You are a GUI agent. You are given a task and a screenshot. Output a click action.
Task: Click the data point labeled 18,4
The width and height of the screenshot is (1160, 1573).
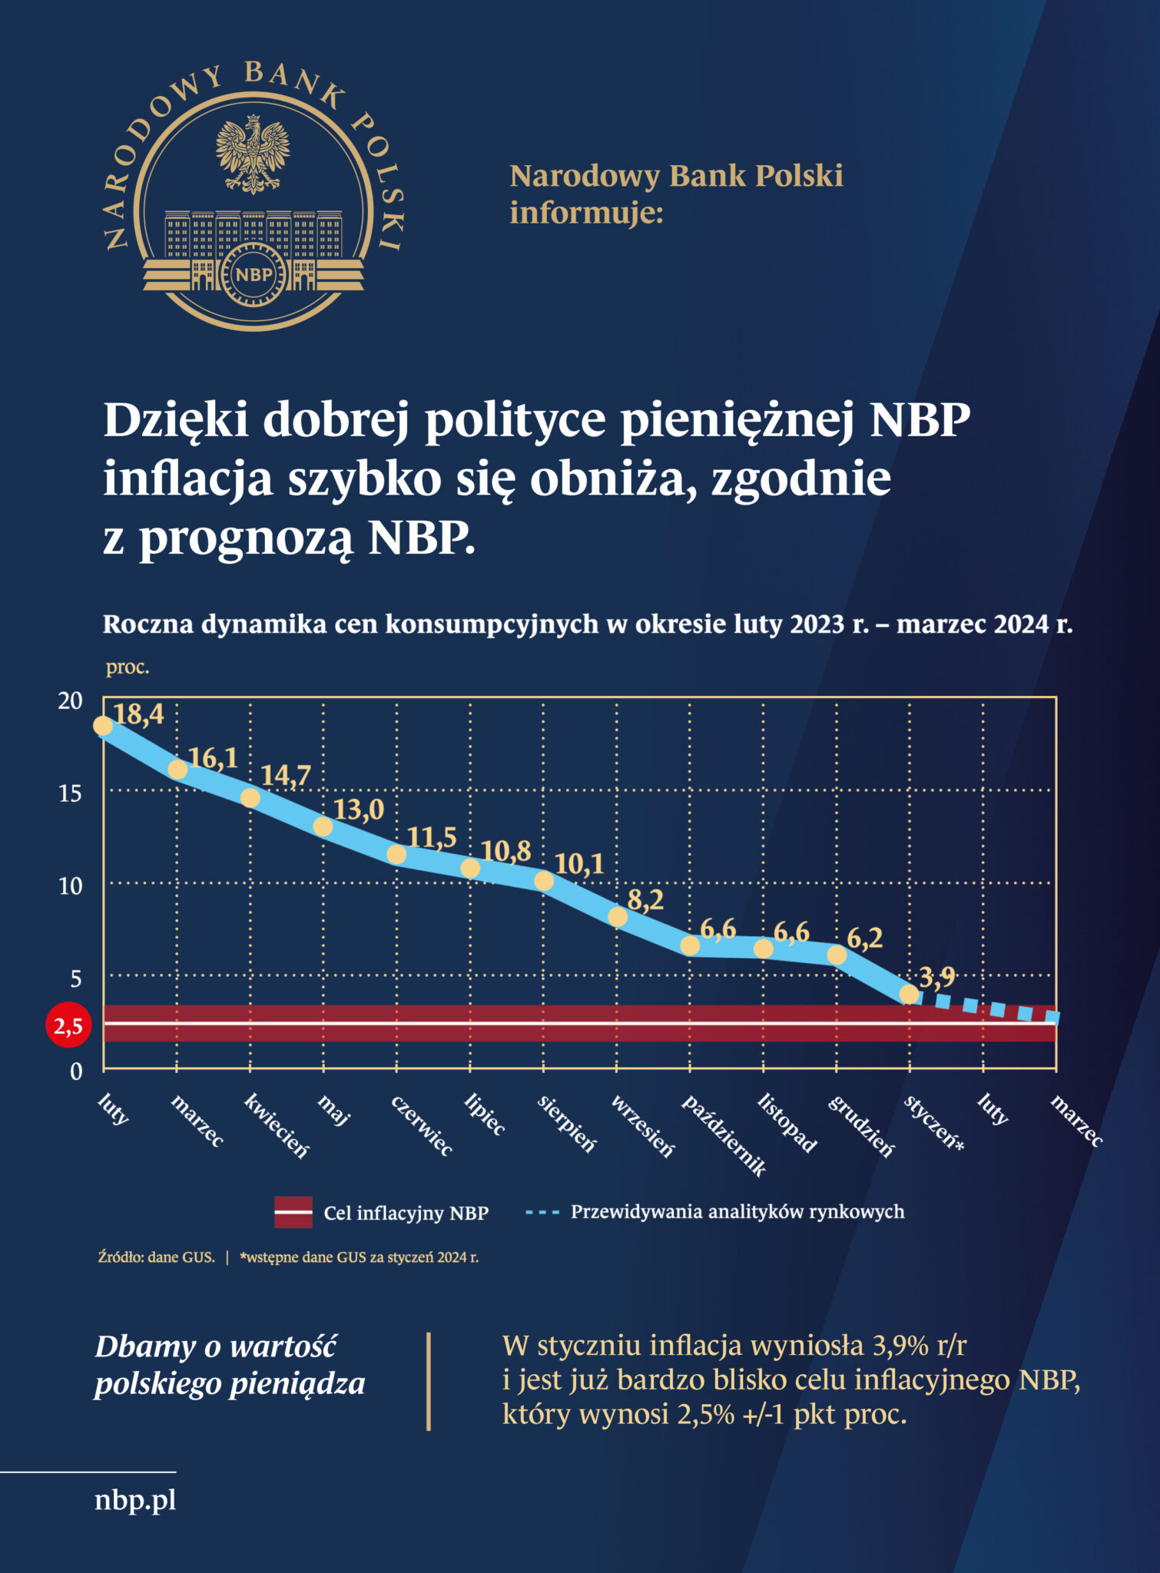pos(103,726)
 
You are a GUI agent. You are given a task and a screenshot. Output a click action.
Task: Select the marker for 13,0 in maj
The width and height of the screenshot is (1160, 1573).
pos(323,826)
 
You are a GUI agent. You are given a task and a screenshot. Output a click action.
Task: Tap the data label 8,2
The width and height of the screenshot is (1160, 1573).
pos(645,899)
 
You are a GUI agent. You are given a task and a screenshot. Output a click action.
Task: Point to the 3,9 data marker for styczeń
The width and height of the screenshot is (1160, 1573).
pos(909,995)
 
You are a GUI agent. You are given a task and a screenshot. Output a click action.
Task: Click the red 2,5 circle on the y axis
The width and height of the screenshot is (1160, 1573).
pos(68,1025)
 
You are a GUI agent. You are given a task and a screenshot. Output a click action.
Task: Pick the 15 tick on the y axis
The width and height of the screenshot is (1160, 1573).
pos(70,793)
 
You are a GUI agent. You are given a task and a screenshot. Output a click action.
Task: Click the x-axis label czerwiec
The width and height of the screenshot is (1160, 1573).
pos(422,1126)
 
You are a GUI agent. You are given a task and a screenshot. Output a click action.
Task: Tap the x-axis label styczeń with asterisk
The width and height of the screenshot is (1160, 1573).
pos(934,1123)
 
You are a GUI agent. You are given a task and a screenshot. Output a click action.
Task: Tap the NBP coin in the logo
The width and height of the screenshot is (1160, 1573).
pos(253,275)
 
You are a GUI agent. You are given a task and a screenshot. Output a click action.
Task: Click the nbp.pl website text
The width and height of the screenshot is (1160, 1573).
pos(135,1499)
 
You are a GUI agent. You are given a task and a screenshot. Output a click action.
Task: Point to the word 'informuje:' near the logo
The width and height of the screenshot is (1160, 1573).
pos(586,213)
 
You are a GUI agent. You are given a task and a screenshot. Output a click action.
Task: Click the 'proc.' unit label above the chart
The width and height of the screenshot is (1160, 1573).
pos(128,667)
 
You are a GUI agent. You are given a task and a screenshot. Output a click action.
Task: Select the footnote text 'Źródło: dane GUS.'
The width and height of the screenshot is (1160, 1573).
pos(157,1257)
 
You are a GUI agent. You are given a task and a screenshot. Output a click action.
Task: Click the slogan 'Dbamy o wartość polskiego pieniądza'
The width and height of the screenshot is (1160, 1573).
pos(230,1365)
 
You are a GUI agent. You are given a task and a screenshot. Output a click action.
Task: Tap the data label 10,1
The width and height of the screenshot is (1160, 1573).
pos(579,864)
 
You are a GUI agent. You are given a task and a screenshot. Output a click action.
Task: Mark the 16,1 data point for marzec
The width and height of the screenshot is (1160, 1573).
pos(177,770)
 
